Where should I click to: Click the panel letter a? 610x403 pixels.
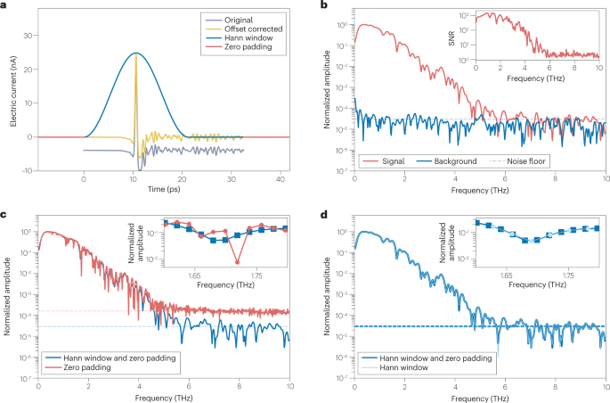[x=4, y=6]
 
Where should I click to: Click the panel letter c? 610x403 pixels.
[x=4, y=214]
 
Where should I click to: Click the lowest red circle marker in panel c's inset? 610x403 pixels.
[x=238, y=261]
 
